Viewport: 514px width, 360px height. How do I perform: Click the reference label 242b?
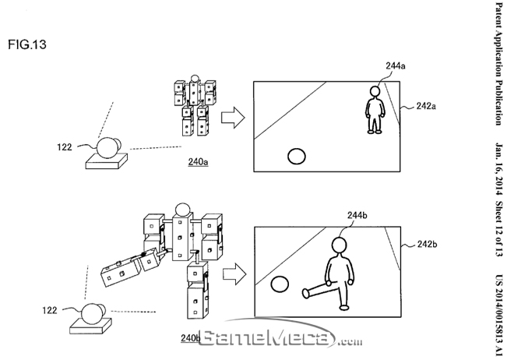coord(428,245)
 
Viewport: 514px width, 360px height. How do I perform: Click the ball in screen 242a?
coord(297,157)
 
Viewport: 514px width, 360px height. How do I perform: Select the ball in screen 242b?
coord(278,285)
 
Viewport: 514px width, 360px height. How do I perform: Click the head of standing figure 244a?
coord(375,92)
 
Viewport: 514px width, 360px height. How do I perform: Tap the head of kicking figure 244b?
coord(340,245)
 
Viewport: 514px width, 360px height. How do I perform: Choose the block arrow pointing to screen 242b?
coord(232,274)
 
